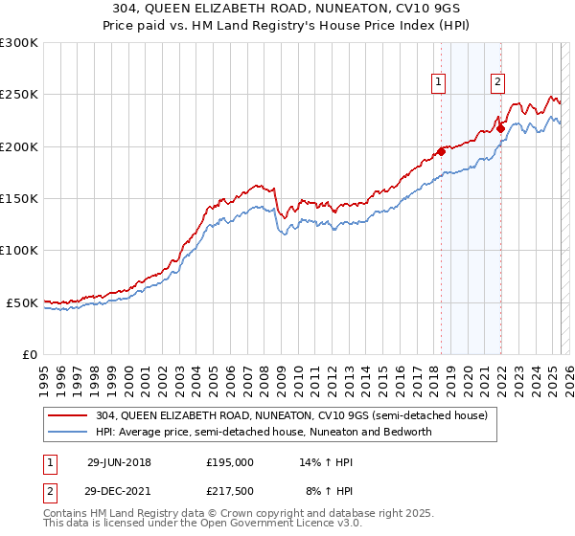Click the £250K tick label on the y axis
19,95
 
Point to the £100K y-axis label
19,250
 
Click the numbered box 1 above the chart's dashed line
438,82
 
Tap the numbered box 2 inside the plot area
498,82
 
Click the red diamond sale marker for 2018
441,151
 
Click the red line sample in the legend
70,415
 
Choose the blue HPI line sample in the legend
70,432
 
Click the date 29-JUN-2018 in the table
119,462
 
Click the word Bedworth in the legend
407,432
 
